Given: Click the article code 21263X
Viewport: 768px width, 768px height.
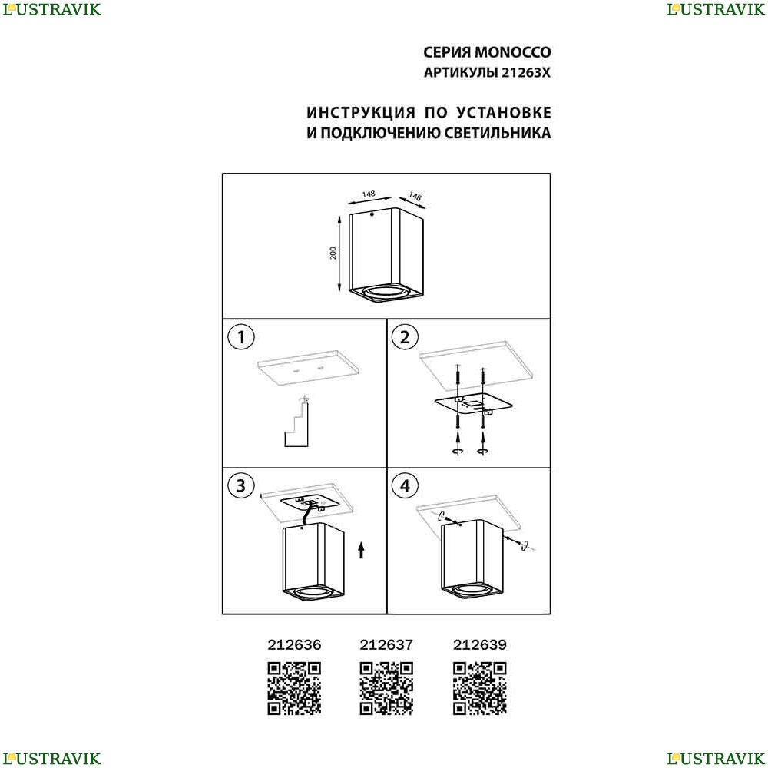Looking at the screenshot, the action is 525,72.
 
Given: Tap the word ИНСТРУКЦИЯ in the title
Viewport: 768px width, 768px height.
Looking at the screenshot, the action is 361,113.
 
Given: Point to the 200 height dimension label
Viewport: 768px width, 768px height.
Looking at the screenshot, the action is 333,253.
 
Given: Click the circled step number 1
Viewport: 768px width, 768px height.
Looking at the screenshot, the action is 241,337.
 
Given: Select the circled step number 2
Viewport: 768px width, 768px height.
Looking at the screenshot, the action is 405,337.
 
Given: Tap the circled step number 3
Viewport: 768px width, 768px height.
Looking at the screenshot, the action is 241,486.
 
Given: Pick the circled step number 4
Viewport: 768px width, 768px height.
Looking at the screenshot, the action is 405,486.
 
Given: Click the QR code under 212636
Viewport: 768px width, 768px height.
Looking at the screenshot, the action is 294,688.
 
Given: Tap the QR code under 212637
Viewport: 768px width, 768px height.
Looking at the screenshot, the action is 386,688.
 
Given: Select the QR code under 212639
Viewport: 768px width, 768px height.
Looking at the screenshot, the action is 479,688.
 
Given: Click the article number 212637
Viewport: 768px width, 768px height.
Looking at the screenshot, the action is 386,644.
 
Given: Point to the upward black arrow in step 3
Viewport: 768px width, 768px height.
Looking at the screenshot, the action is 362,550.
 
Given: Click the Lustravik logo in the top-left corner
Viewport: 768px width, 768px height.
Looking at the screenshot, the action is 51,9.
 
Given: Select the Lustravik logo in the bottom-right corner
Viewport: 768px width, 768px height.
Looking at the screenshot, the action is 716,758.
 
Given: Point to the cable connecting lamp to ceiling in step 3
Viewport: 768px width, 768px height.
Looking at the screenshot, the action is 306,516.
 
